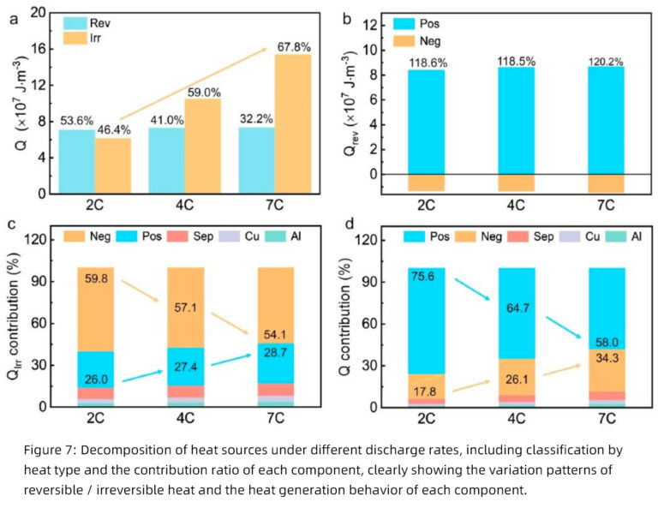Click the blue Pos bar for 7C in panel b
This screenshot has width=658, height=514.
coord(606,120)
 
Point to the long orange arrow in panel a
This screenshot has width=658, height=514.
coord(193,85)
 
